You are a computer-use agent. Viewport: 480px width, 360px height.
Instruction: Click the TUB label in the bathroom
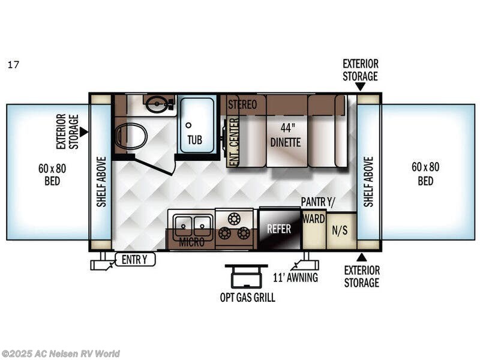194,140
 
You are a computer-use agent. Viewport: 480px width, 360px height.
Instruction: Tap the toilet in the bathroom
131,136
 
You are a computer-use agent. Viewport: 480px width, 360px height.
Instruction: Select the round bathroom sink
156,103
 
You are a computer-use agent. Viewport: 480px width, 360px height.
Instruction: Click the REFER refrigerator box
280,229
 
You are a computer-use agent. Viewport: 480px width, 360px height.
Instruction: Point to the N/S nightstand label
340,230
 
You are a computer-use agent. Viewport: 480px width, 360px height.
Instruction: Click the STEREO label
242,104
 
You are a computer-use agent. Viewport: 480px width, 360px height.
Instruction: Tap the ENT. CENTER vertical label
234,142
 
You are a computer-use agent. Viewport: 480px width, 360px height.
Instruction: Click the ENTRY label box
135,260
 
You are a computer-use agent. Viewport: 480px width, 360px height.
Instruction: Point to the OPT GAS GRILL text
247,297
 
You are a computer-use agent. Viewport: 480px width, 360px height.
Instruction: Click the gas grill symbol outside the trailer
247,276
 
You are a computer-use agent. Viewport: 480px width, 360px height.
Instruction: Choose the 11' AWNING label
295,277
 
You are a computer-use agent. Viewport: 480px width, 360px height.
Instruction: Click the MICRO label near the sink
191,242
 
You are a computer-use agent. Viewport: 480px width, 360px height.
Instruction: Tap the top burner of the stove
234,218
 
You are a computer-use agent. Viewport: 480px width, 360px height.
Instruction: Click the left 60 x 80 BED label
52,175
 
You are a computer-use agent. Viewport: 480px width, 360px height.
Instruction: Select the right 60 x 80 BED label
425,173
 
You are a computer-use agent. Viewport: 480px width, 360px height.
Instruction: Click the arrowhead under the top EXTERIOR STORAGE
361,87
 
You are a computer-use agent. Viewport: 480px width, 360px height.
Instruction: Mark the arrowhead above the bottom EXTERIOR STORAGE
362,257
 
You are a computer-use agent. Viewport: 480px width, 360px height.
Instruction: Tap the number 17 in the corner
13,65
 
